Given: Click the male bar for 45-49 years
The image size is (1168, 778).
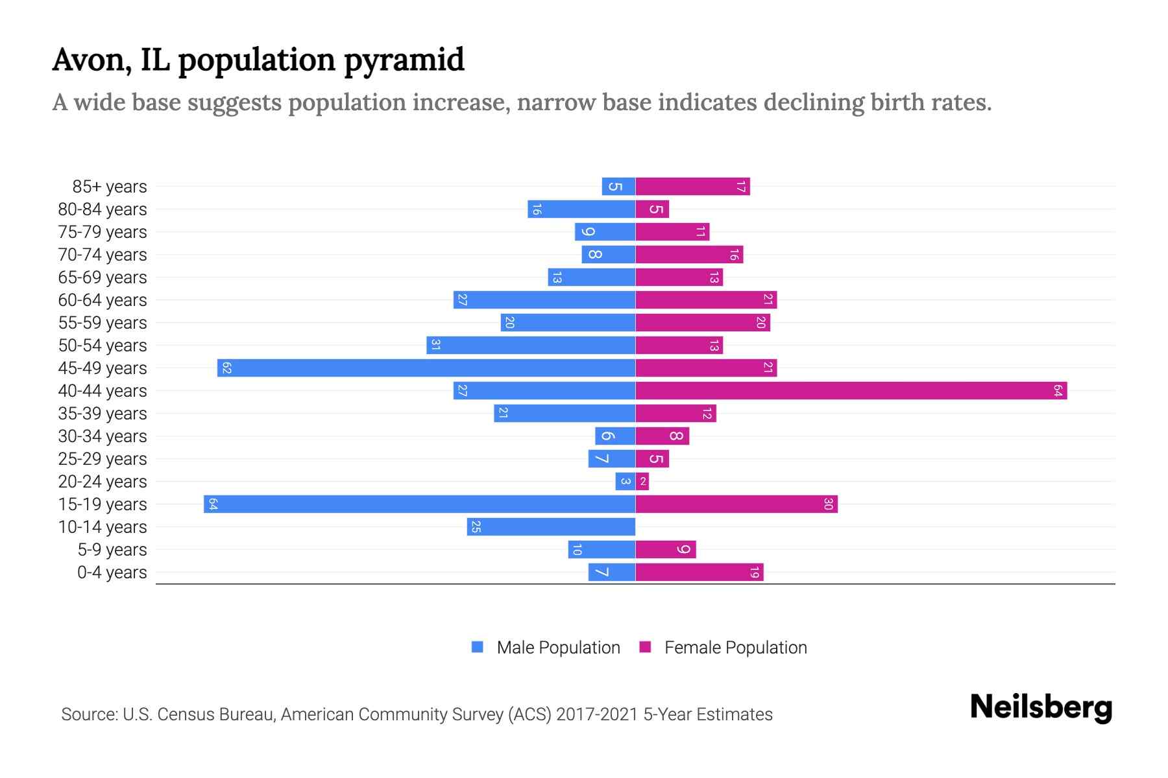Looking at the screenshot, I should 426,368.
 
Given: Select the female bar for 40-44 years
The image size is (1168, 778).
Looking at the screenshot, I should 851,391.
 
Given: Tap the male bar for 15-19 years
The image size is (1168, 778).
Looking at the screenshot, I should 419,504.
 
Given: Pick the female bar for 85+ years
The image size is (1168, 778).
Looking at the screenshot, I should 692,187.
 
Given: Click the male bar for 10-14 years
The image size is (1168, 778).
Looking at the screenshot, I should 551,527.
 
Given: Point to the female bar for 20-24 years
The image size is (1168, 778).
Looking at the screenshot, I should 642,482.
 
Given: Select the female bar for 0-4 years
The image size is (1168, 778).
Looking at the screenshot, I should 699,572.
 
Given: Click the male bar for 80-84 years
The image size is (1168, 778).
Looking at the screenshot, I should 581,209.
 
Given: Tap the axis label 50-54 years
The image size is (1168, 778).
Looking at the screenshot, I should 103,346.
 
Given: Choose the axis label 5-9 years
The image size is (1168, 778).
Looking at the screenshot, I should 112,550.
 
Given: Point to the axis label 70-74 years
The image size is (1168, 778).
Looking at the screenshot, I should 103,255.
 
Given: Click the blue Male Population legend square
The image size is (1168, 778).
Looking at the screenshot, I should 478,647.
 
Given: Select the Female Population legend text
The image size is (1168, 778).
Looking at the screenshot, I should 735,648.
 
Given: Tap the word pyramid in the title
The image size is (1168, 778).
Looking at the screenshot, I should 404,60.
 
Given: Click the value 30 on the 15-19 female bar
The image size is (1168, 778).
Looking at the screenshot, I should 828,504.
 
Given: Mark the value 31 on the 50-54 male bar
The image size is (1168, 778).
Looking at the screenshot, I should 435,346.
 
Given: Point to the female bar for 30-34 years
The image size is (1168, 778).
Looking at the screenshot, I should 662,436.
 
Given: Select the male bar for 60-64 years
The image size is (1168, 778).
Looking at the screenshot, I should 544,300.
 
